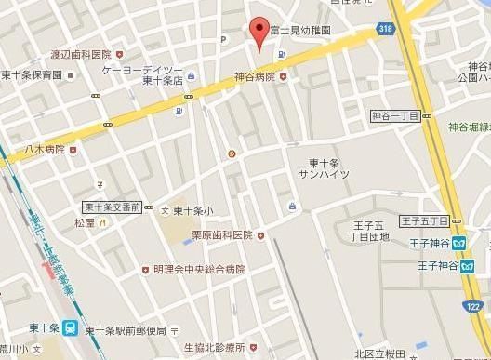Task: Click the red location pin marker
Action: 260,31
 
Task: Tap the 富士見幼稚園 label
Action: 300,31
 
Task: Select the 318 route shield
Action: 385,30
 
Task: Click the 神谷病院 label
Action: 254,77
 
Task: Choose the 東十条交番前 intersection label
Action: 111,207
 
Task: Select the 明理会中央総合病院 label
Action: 201,270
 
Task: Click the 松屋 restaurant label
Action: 85,222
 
